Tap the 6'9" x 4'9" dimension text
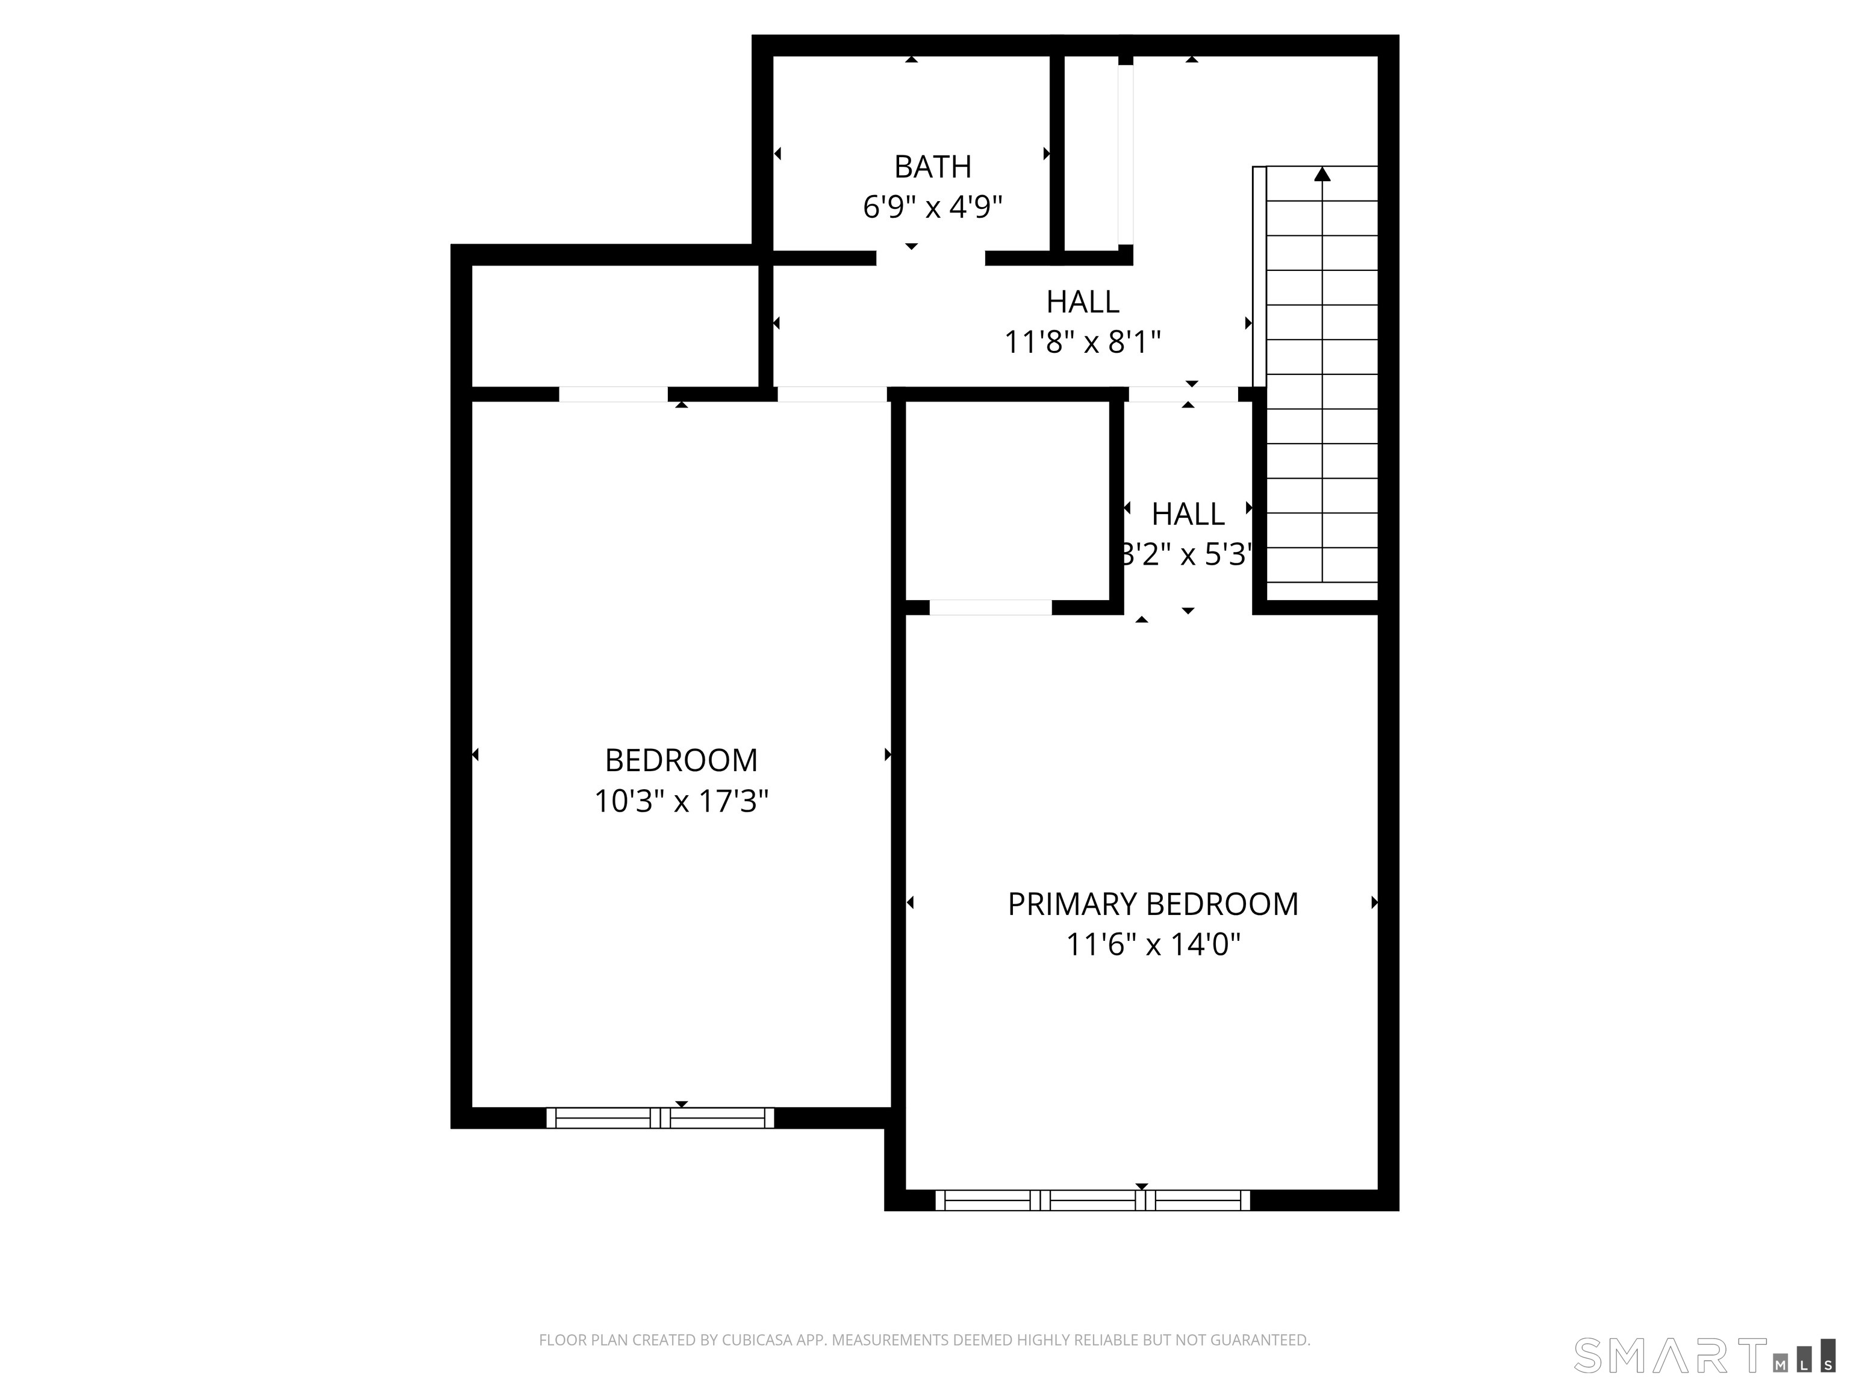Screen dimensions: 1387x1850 tap(932, 207)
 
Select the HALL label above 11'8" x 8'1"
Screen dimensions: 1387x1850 tap(1082, 302)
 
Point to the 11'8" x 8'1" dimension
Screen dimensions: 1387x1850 tap(1082, 342)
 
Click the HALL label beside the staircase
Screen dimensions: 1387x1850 tap(1188, 514)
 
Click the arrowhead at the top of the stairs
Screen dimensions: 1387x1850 tap(1321, 174)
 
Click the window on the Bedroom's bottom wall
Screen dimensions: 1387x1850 tap(660, 1118)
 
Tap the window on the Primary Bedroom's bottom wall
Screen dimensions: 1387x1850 tap(1092, 1200)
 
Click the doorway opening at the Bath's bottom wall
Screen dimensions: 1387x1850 tap(930, 258)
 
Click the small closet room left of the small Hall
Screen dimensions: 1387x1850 tap(1008, 499)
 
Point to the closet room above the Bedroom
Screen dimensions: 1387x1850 tap(615, 326)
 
